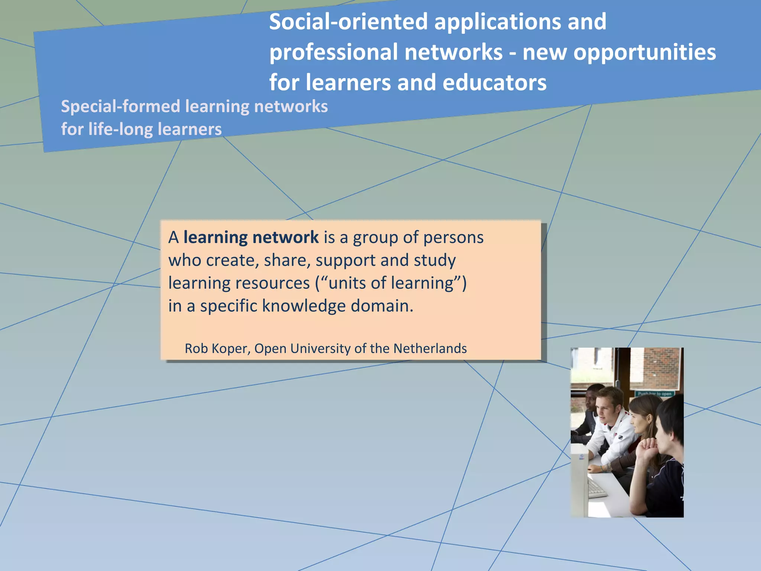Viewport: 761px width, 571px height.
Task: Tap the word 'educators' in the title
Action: coord(494,83)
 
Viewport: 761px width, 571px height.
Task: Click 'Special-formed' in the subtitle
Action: coord(120,107)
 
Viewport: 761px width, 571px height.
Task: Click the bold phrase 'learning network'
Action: coord(251,237)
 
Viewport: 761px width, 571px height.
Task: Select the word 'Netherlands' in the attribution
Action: coord(430,348)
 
